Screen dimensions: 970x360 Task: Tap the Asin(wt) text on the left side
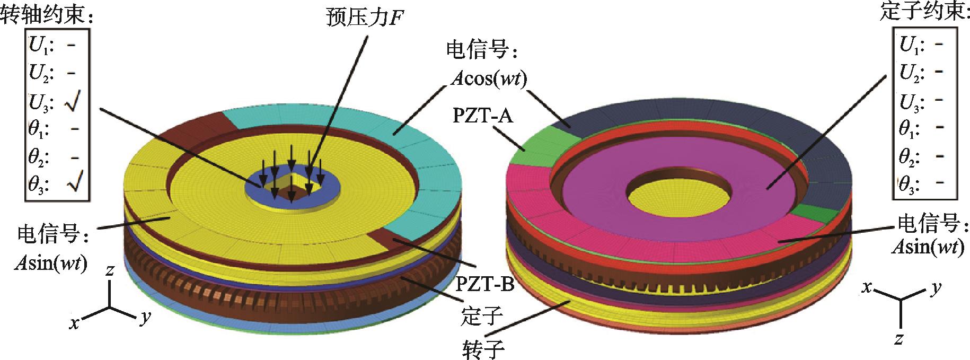[x=50, y=264]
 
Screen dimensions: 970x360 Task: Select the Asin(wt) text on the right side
[x=928, y=248]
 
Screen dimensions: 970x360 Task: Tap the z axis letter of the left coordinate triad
[x=110, y=272]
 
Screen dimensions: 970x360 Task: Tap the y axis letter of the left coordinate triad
[x=144, y=318]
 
